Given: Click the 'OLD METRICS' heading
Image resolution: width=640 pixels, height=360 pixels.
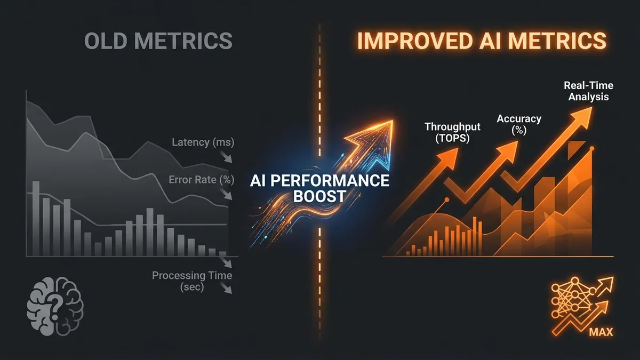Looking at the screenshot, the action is (158, 41).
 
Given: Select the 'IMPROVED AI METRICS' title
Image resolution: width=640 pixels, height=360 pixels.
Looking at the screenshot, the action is (482, 41).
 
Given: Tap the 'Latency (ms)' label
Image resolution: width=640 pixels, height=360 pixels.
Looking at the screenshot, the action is (203, 142).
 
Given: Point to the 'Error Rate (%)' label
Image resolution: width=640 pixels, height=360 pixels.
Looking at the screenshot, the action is (202, 180).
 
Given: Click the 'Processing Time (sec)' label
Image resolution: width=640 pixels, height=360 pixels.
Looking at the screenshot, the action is (192, 281).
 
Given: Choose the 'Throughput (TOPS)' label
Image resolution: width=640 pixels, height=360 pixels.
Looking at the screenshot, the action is (453, 132).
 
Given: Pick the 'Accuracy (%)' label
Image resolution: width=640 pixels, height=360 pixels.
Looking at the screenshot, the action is (519, 124).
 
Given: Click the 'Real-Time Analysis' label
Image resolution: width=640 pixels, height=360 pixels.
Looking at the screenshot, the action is (588, 91).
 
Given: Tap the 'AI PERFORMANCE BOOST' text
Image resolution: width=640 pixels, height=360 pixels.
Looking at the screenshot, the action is (319, 188).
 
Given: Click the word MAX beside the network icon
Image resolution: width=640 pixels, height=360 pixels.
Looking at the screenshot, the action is (601, 332).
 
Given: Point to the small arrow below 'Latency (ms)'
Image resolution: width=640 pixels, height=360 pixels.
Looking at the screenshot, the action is (226, 157).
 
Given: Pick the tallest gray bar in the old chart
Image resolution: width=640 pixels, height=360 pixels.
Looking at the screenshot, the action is (36, 218).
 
